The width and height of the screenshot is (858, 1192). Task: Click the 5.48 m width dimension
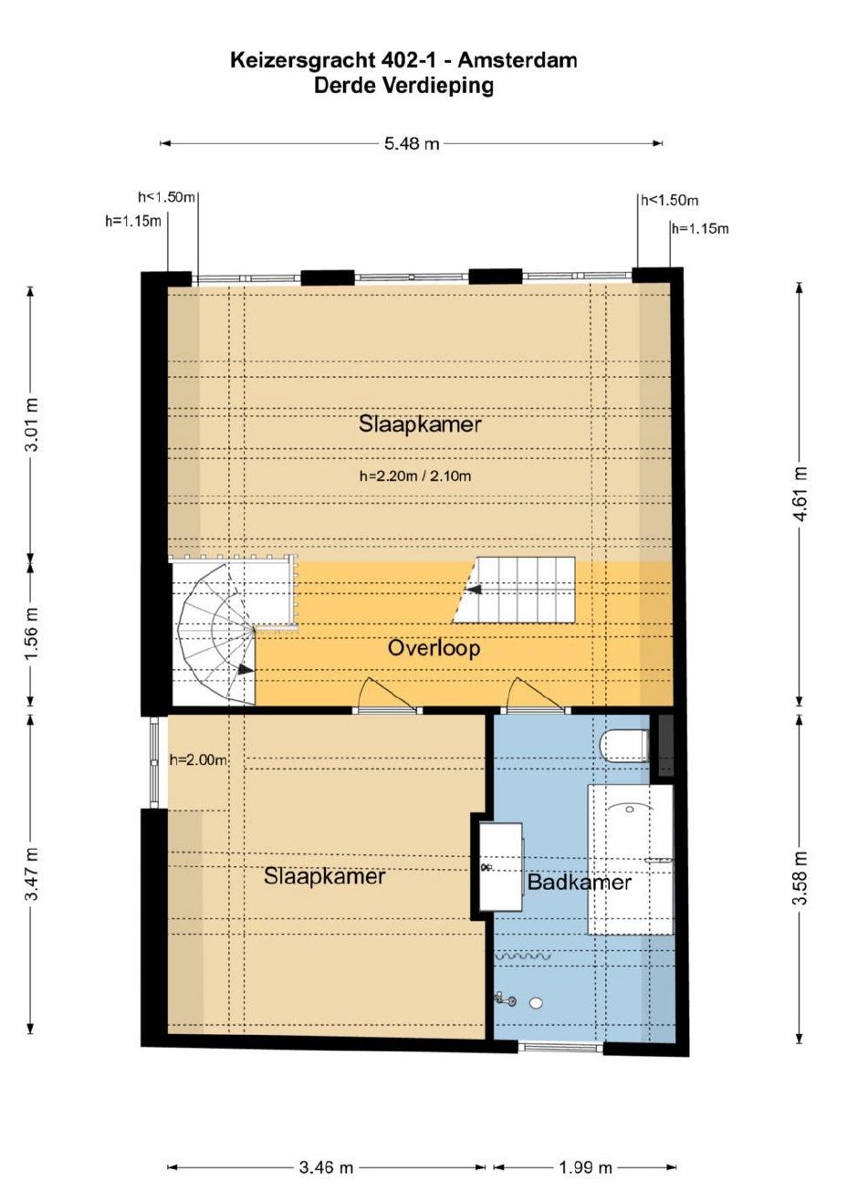(x=412, y=143)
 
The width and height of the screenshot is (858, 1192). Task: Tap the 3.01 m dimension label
(x=33, y=424)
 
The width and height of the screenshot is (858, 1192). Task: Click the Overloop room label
(x=434, y=649)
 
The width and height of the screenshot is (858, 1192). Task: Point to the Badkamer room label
(x=579, y=883)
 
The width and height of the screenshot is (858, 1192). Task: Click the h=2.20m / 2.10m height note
(x=415, y=476)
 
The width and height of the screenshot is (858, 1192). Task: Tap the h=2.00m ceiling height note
(x=198, y=760)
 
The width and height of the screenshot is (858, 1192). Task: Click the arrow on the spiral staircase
(x=245, y=671)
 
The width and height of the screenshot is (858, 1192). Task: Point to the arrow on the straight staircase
(x=474, y=590)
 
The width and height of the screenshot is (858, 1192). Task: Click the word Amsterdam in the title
(x=518, y=60)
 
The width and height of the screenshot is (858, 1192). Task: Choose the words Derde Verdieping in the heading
(x=403, y=85)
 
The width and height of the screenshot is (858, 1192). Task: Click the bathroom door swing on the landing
(x=537, y=695)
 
